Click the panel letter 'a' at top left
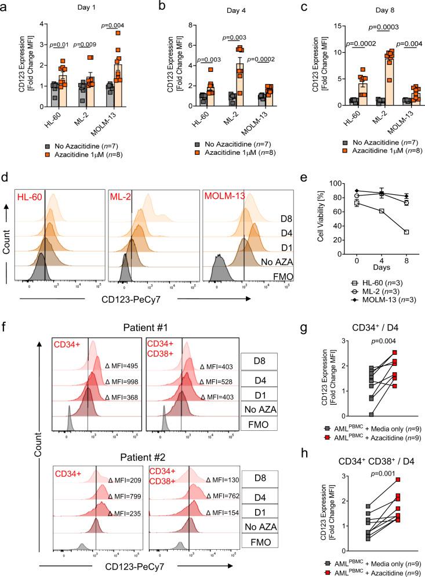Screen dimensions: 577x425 [6, 7]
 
